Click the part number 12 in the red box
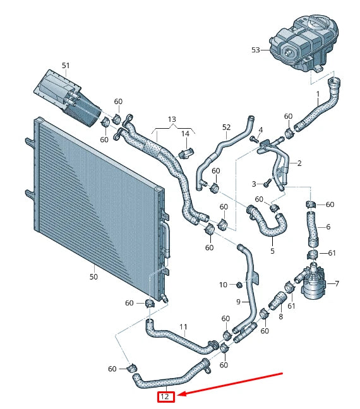click(165, 397)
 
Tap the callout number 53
click(256, 49)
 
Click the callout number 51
click(66, 65)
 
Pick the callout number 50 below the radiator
click(93, 276)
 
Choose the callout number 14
click(185, 134)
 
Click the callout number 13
click(172, 119)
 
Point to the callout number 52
click(227, 127)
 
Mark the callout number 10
click(223, 285)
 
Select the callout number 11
click(183, 327)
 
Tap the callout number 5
click(272, 251)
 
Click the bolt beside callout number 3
click(267, 183)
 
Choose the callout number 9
click(239, 302)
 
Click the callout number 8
click(280, 316)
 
